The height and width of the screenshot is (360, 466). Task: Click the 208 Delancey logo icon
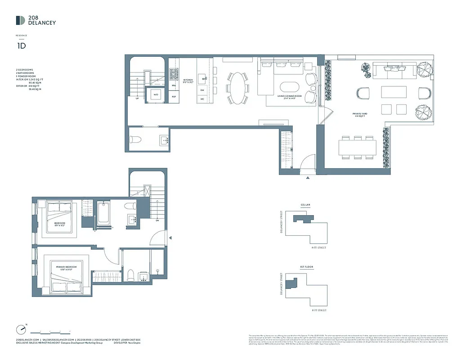click(x=20, y=20)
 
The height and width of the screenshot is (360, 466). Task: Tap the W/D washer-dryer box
click(x=156, y=95)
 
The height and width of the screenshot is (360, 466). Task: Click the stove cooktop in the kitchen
click(x=174, y=73)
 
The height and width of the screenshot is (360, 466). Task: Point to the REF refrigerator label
click(x=174, y=97)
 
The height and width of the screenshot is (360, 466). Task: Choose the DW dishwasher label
click(x=202, y=90)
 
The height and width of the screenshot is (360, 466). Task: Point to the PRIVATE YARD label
click(x=360, y=114)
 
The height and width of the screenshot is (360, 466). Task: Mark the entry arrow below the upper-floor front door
click(x=308, y=178)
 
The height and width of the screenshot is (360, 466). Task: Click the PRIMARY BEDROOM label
click(x=66, y=267)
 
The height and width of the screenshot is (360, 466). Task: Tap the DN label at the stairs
click(x=157, y=220)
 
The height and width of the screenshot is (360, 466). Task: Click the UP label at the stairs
click(x=137, y=99)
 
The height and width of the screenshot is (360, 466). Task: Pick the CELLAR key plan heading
click(x=306, y=205)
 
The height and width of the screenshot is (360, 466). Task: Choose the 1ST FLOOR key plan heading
click(x=307, y=267)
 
